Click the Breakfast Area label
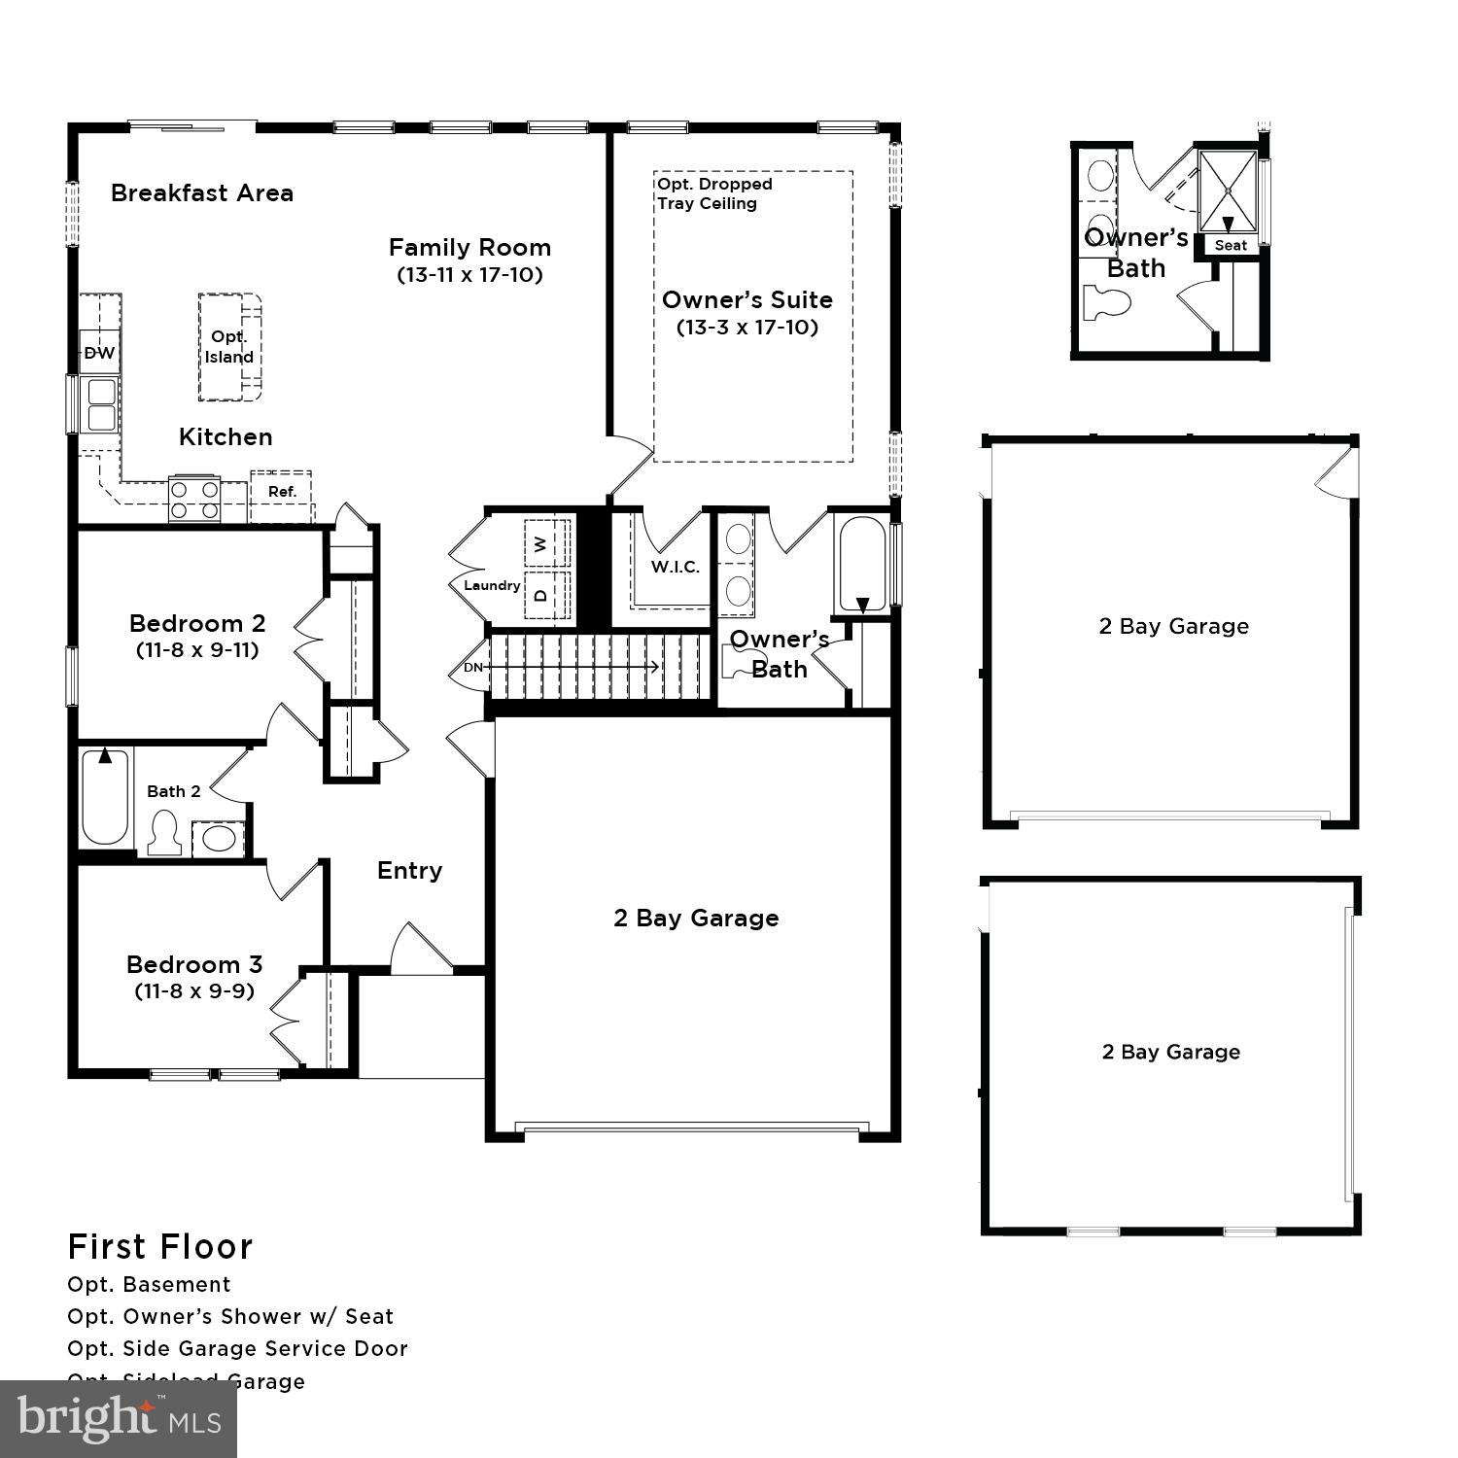click(x=201, y=192)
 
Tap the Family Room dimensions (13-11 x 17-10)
click(x=469, y=274)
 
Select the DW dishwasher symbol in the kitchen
click(x=99, y=353)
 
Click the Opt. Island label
click(x=229, y=347)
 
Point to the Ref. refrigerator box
click(x=282, y=492)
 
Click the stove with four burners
click(x=194, y=500)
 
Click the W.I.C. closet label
click(x=675, y=567)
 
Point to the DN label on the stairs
click(x=473, y=667)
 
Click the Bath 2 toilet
click(x=163, y=834)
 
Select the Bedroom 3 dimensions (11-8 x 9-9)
click(x=194, y=991)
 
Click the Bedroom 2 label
click(x=197, y=623)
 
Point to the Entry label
click(x=409, y=870)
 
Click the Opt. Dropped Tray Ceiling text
click(x=714, y=193)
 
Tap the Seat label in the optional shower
click(x=1231, y=245)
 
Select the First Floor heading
click(x=160, y=1246)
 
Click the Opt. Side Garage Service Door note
click(x=237, y=1348)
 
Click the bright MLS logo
click(x=119, y=1419)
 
